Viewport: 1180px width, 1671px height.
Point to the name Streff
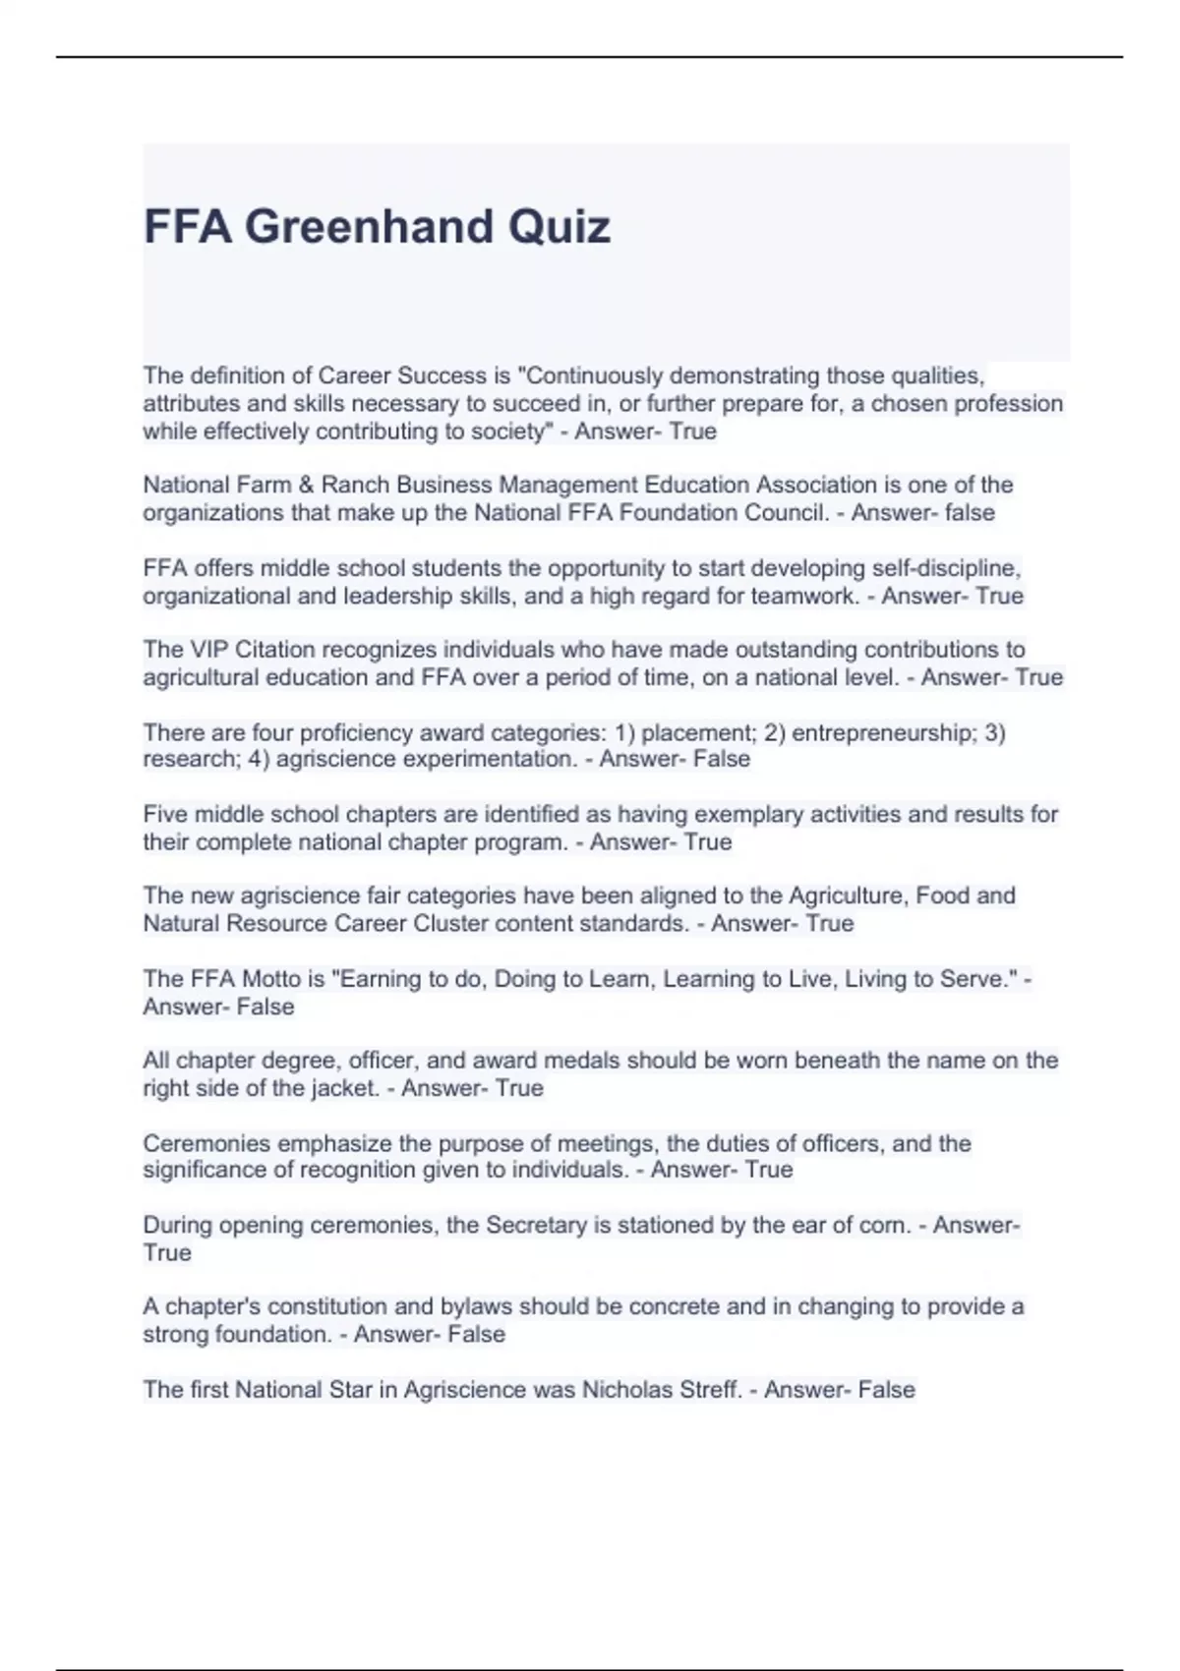(709, 1390)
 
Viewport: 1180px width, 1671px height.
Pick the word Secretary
(536, 1226)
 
